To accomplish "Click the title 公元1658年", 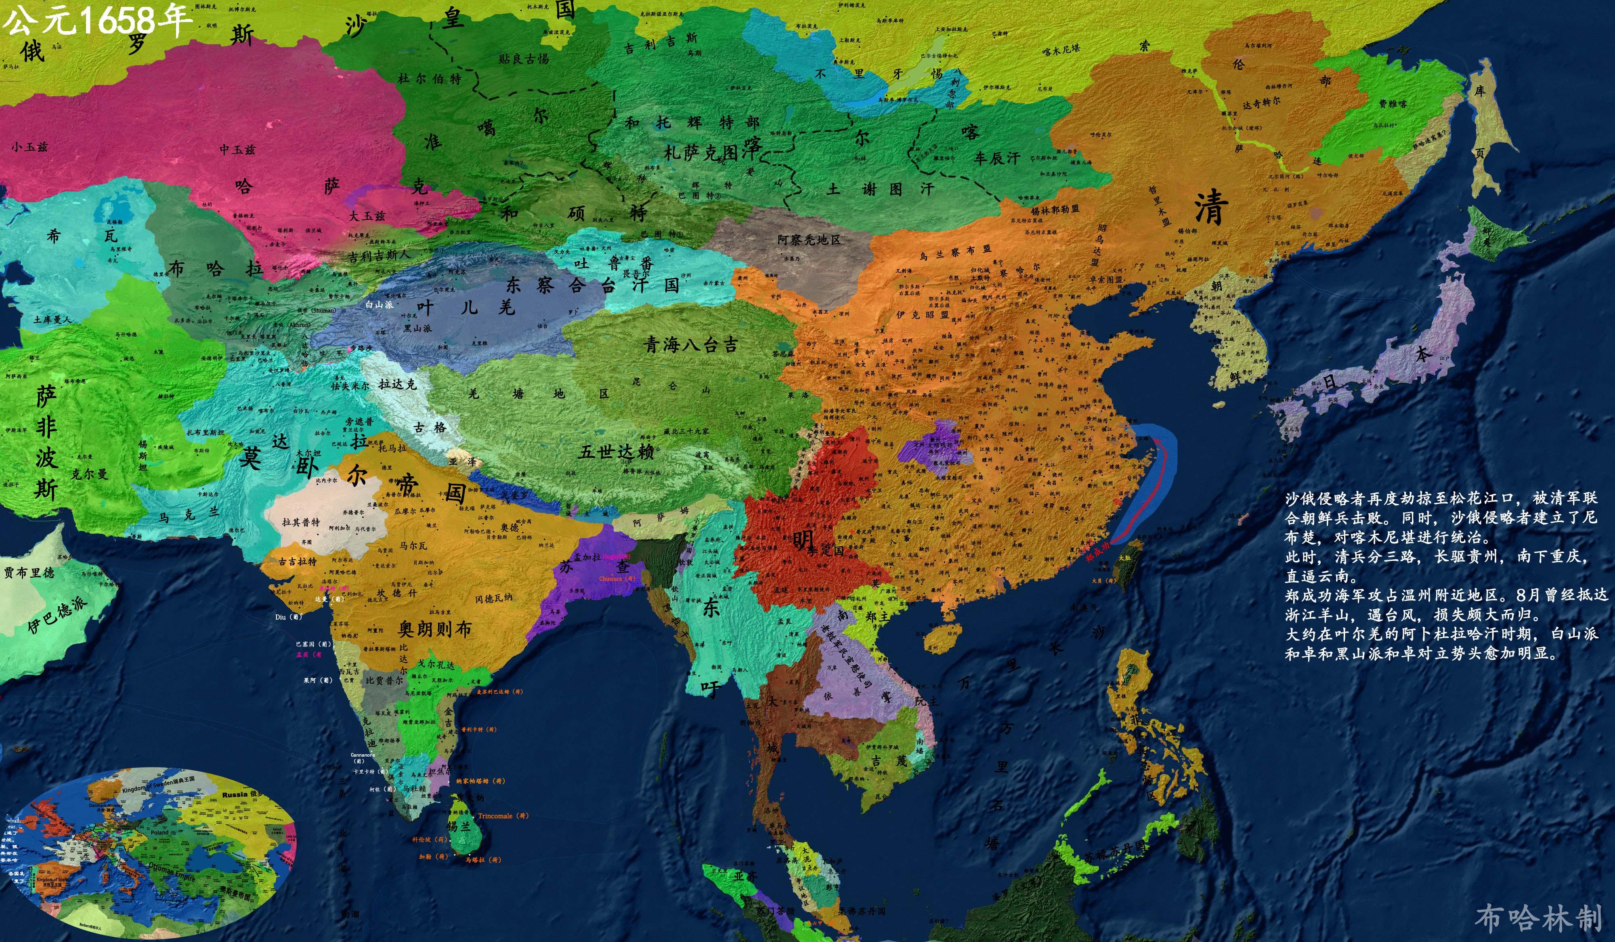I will pyautogui.click(x=96, y=21).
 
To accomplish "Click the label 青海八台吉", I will pyautogui.click(x=691, y=345).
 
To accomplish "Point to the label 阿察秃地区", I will pyautogui.click(x=809, y=240).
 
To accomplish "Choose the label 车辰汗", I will pyautogui.click(x=996, y=158).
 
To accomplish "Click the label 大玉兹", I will pyautogui.click(x=367, y=216).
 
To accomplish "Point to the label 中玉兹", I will pyautogui.click(x=237, y=149).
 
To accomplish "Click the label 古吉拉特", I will pyautogui.click(x=298, y=561).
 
